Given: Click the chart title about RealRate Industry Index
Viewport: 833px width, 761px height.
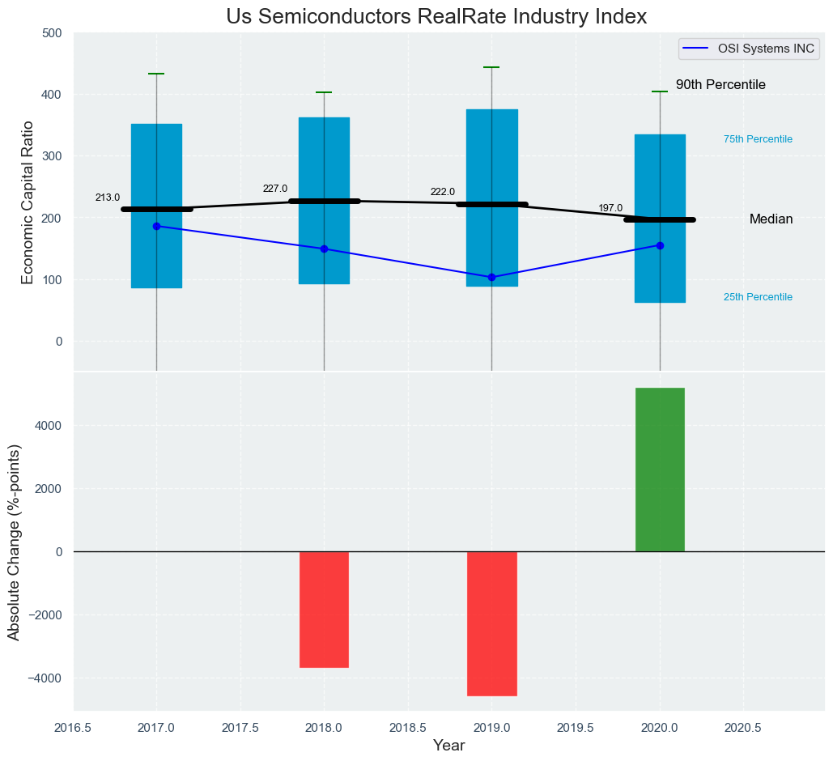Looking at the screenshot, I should coord(436,17).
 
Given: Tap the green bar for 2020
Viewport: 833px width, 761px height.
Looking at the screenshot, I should coord(660,470).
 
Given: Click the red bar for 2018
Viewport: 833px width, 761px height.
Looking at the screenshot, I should coord(324,610).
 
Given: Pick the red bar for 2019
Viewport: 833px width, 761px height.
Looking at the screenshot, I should coord(491,623).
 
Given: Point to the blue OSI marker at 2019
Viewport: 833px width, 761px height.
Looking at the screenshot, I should coord(491,278).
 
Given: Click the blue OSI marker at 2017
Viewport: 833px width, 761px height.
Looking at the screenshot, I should coord(156,226).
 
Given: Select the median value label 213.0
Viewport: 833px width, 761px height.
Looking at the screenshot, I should coord(108,198).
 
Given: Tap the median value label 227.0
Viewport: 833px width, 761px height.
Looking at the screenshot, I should coord(275,189).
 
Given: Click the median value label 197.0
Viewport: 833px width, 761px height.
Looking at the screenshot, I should coord(610,208).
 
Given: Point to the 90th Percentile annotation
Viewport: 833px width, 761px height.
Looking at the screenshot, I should coord(720,85).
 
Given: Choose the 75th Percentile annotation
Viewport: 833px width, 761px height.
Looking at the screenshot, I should coord(758,139).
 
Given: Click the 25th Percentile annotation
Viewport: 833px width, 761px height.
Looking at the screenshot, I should coord(758,297).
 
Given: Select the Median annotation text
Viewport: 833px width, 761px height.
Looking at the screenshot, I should coord(771,219).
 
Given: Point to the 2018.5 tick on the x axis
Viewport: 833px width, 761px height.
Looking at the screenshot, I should coord(408,728).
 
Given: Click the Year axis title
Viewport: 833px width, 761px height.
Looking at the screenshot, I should coord(448,746).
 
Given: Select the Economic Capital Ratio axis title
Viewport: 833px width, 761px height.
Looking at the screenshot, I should coord(28,202).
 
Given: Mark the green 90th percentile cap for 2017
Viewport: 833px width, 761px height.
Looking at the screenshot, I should coord(156,74).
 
